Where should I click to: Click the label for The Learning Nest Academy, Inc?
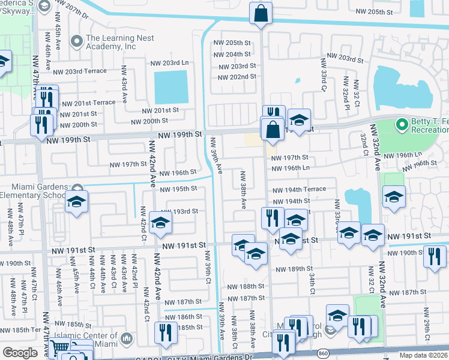click(119, 42)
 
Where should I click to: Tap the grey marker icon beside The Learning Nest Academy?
click(76, 41)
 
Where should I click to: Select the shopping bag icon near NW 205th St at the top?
click(261, 14)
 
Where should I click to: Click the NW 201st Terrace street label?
click(88, 103)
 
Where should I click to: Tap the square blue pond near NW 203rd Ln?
click(171, 87)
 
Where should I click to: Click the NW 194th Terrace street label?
click(299, 189)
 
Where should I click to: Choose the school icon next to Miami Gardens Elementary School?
click(76, 203)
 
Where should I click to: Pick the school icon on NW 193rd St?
click(160, 223)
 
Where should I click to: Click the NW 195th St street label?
click(178, 189)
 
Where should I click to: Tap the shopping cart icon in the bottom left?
click(59, 349)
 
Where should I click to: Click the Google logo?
click(19, 353)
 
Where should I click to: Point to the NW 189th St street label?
click(294, 269)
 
